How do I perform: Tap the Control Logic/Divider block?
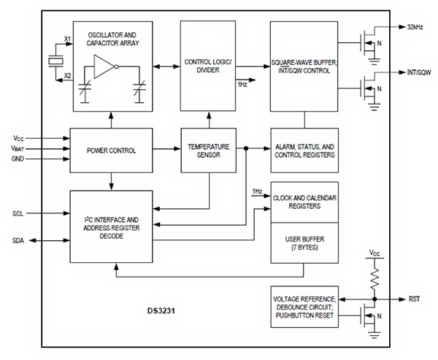tap(208, 66)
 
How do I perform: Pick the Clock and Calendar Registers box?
tap(304, 202)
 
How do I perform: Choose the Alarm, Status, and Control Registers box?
tap(304, 150)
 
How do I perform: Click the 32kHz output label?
tap(411, 28)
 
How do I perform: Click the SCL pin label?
tap(19, 213)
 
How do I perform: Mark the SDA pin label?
tap(19, 240)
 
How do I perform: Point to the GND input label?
tap(18, 158)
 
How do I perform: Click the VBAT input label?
tap(19, 148)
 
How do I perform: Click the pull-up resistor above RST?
tap(374, 275)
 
